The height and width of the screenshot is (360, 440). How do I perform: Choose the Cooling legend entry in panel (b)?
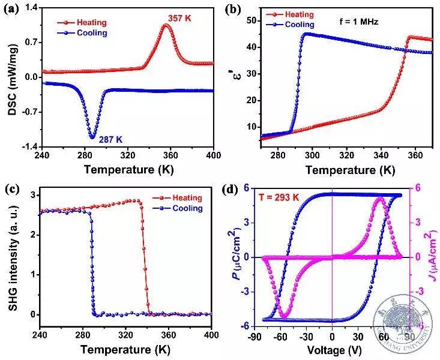[298, 25]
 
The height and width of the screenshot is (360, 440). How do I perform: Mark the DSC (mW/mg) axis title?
[10, 77]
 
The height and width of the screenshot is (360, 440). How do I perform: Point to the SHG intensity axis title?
[10, 255]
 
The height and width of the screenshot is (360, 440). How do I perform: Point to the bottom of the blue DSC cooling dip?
[92, 137]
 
